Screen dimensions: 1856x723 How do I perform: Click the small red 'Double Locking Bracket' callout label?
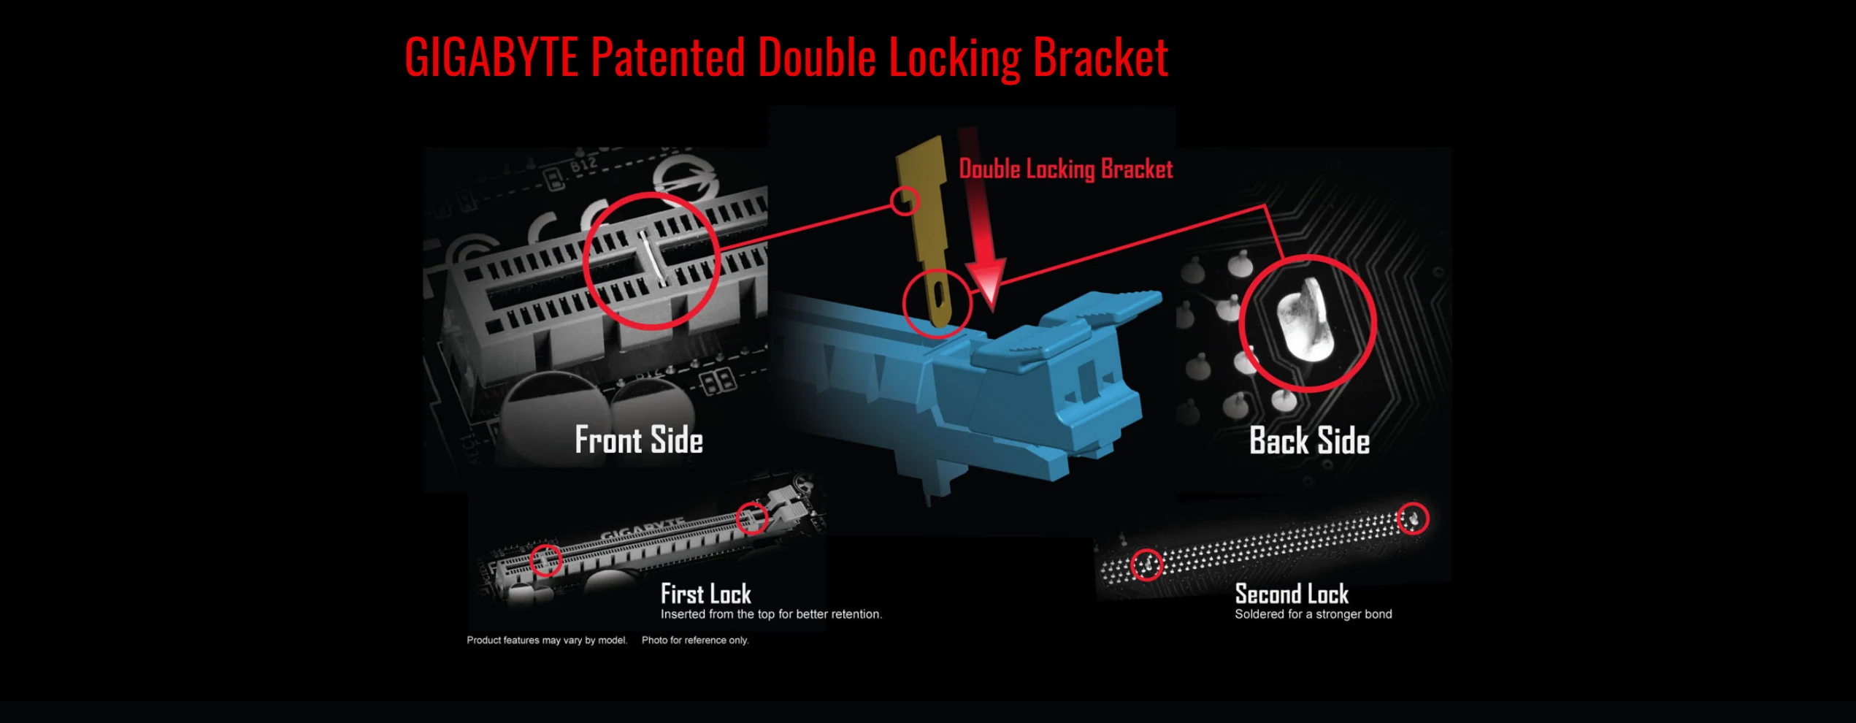coord(1065,169)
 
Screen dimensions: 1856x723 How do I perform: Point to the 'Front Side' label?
coord(639,440)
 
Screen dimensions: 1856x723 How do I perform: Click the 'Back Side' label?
coord(1309,441)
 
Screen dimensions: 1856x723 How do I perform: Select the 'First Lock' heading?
coord(705,593)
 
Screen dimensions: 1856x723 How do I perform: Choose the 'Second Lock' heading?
coord(1291,593)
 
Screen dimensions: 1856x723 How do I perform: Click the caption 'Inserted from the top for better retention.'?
coord(771,614)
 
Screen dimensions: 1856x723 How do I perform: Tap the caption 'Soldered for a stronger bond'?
coord(1313,614)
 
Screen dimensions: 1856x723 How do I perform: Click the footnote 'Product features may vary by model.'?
coord(547,640)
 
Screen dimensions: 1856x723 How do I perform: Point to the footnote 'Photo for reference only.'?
coord(695,640)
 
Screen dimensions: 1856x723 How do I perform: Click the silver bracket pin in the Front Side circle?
coord(651,259)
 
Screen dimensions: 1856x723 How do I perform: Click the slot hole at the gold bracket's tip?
coord(939,297)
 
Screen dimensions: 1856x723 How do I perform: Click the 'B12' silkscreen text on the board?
coord(583,165)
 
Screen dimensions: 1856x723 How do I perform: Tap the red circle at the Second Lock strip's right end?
coord(1413,519)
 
